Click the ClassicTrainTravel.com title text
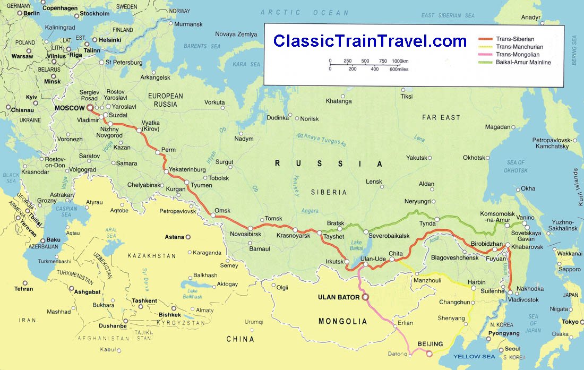pos(370,41)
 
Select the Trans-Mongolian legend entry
pos(517,54)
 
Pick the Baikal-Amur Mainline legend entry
pos(523,62)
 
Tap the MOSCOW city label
pos(70,108)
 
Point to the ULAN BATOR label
pos(339,297)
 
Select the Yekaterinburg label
pos(187,170)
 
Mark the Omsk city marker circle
pos(213,216)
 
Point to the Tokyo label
pos(570,322)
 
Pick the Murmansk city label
pos(188,24)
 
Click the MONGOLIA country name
pos(342,321)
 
